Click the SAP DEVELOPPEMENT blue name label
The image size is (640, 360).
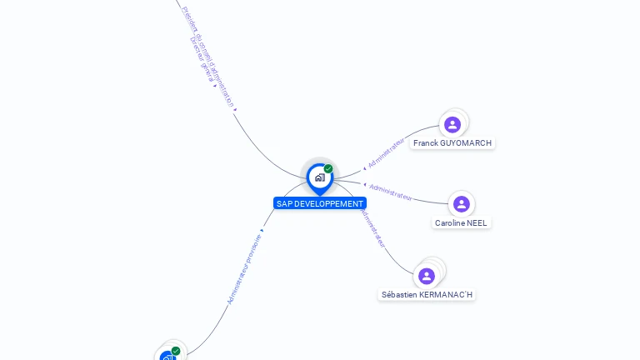[320, 203]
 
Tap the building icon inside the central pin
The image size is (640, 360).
[319, 177]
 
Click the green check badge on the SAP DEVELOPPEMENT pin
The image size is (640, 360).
[328, 169]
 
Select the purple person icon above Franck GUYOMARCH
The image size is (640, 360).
[452, 125]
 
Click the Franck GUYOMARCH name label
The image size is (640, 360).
[452, 143]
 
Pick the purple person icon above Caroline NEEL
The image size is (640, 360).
[462, 204]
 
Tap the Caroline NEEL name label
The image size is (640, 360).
[461, 223]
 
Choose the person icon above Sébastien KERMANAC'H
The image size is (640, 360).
[427, 276]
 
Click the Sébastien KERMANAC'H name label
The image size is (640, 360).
[427, 295]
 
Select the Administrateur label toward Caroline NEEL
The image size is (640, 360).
[391, 192]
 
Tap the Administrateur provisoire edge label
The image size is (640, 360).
[244, 267]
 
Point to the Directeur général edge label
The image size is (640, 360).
[202, 59]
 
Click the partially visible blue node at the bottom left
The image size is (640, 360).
[167, 356]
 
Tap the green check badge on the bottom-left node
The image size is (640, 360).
[176, 351]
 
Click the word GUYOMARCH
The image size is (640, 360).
[466, 143]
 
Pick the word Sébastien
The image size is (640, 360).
[400, 295]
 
